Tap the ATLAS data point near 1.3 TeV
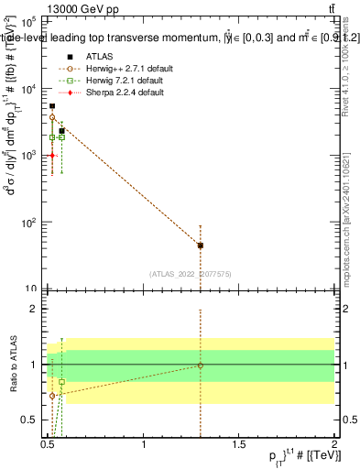201,245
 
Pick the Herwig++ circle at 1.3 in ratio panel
201,365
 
